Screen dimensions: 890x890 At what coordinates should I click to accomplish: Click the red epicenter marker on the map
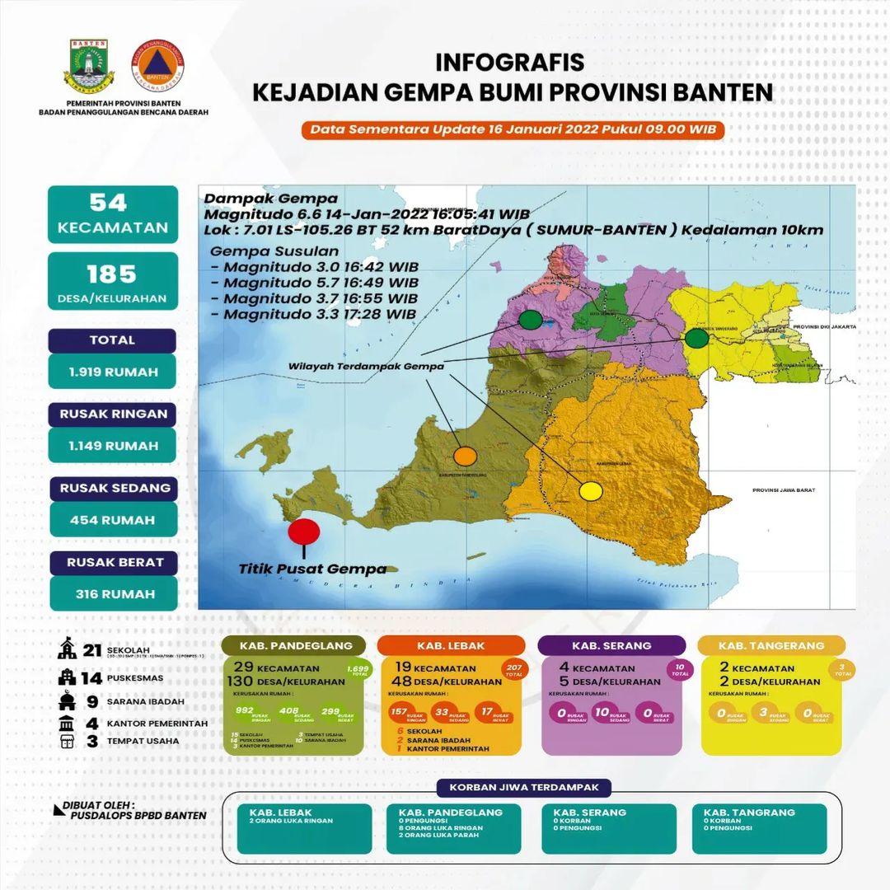[304, 530]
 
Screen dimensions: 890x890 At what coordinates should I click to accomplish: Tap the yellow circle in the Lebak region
[590, 492]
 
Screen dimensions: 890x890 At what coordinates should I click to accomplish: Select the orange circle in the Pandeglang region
[466, 455]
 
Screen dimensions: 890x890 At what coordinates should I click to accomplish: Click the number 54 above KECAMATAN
[113, 203]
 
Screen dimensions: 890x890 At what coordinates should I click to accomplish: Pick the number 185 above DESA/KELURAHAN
[113, 274]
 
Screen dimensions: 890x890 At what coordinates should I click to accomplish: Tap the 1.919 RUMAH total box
[113, 371]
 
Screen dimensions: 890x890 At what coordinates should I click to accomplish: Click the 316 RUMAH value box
[114, 593]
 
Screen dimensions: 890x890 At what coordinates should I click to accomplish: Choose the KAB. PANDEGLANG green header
[294, 645]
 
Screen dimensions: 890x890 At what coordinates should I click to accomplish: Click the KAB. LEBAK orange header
[451, 645]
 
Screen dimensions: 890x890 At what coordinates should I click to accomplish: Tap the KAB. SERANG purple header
[611, 645]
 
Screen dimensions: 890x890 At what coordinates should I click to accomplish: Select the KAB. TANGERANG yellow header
[771, 645]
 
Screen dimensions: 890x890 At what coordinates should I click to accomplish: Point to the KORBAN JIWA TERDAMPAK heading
[529, 787]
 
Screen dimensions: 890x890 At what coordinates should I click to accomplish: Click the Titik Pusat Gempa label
[312, 569]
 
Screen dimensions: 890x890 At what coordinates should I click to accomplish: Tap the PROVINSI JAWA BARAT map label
[783, 490]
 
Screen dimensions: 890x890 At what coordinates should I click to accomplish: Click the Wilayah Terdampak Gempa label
[367, 367]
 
